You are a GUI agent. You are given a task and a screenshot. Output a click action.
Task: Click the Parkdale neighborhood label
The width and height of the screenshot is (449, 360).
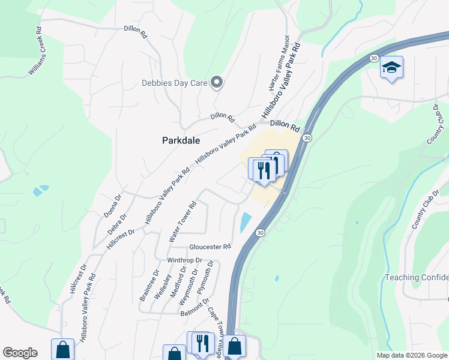tap(181, 140)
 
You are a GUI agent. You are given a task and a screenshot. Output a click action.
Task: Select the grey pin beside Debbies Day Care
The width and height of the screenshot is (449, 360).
tap(217, 83)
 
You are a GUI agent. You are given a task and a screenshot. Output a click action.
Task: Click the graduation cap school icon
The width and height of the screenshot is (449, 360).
tap(391, 68)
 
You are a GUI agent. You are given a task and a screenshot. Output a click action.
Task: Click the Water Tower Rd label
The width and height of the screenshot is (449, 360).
tap(182, 221)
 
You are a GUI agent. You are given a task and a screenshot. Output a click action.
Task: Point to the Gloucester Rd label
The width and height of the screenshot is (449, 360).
tap(210, 247)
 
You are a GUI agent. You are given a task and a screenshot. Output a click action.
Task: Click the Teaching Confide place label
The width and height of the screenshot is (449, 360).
tap(416, 277)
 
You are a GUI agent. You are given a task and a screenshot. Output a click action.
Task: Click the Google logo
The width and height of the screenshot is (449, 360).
tap(20, 353)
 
